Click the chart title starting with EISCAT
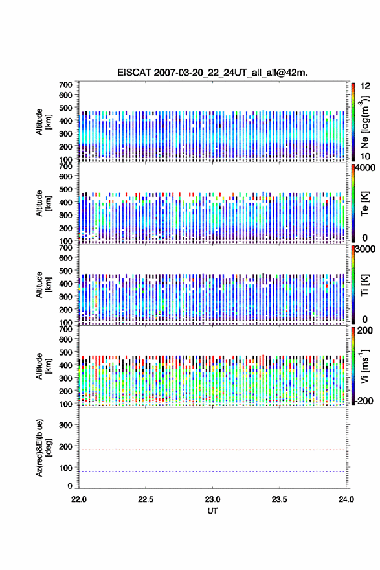(212, 73)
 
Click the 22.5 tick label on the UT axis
(145, 499)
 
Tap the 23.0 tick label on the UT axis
(212, 499)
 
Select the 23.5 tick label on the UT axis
(279, 499)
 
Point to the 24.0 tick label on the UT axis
(346, 499)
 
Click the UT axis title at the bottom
(212, 511)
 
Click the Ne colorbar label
(365, 122)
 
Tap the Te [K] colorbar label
(364, 203)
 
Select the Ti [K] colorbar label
(364, 285)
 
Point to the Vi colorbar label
(365, 366)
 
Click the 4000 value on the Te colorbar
(365, 168)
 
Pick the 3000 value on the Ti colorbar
(365, 249)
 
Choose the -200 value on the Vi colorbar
(363, 400)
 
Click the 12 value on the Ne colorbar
(365, 86)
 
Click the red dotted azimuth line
(212, 450)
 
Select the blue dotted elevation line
(212, 471)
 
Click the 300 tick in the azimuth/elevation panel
(65, 425)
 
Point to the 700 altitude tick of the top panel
(65, 85)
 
